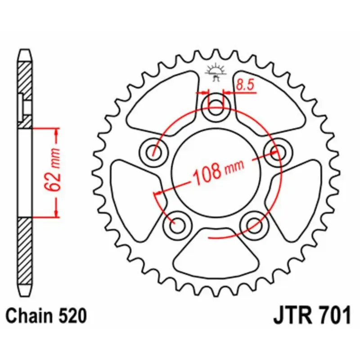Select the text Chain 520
46,315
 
